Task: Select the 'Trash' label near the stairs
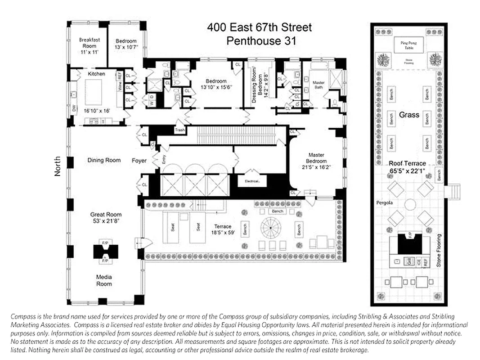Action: [x=180, y=130]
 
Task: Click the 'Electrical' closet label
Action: [x=252, y=181]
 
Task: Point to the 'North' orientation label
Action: [x=58, y=166]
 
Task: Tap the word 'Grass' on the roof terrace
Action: [x=409, y=115]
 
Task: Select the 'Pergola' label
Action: [x=385, y=203]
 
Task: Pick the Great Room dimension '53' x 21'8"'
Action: [x=106, y=221]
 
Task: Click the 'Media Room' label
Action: [x=104, y=280]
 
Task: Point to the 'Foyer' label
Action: [x=139, y=160]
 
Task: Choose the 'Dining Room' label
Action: [x=104, y=160]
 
